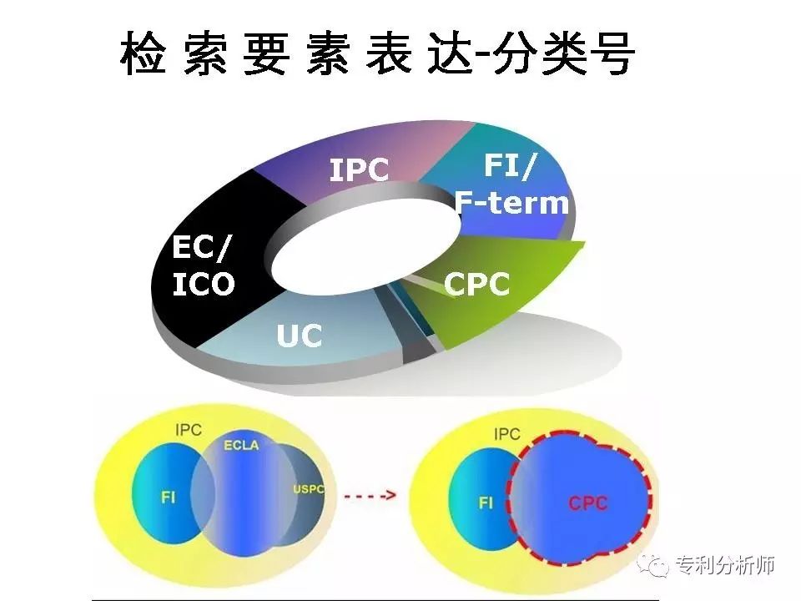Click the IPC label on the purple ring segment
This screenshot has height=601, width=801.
(359, 169)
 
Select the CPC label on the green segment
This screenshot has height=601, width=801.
(476, 284)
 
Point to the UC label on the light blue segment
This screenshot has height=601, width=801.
(300, 336)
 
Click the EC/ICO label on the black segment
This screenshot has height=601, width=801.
(203, 265)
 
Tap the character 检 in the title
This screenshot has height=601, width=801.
(144, 53)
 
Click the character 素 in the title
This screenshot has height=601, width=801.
(327, 53)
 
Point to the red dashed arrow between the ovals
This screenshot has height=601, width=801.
(370, 495)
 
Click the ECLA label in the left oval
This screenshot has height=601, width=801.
(241, 445)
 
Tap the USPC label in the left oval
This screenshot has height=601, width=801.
(308, 489)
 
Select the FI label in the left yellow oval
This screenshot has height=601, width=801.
(168, 497)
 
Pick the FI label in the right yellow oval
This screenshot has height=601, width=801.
(486, 503)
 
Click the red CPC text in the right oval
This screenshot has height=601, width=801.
(588, 503)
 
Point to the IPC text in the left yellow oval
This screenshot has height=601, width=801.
(189, 430)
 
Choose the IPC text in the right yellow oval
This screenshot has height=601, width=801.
(506, 434)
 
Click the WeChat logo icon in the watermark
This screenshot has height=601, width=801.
(653, 565)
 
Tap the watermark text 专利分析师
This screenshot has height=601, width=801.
(725, 565)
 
